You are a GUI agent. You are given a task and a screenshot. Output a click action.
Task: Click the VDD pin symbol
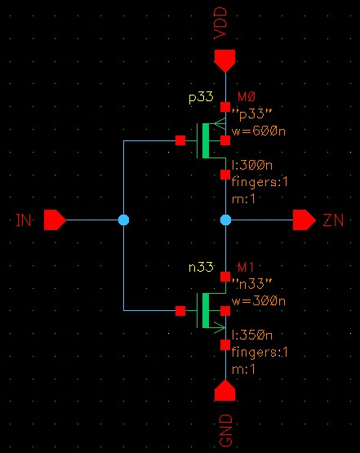pos(224,60)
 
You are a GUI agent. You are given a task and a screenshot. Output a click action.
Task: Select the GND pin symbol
pos(224,390)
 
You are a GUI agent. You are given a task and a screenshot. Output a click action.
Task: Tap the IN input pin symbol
pos(55,220)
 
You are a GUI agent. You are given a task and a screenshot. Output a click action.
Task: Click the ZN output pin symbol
pos(304,220)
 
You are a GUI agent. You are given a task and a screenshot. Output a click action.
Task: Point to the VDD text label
pos(220,24)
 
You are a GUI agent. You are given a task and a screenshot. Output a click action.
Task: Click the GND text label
pos(225,430)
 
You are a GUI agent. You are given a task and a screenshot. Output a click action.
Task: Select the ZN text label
pos(333,220)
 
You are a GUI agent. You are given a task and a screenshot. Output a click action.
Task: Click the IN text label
pos(24,220)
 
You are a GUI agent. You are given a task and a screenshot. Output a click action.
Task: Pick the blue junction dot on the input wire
pos(123,220)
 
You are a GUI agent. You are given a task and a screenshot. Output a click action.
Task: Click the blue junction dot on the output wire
pos(225,220)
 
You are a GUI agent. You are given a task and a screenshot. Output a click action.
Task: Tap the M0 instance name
pos(247,96)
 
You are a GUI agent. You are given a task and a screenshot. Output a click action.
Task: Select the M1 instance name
pos(246,267)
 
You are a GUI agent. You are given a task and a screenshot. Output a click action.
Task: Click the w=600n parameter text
pos(259,131)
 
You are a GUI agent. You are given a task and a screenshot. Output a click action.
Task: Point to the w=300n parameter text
pos(259,301)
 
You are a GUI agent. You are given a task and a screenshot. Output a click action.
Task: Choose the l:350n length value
pos(252,335)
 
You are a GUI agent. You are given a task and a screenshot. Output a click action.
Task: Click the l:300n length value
pos(252,165)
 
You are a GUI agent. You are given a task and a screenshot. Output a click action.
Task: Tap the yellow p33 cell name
pos(201,97)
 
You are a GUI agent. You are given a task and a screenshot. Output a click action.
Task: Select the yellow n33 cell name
pos(201,267)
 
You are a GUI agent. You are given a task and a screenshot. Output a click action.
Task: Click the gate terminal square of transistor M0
pos(180,140)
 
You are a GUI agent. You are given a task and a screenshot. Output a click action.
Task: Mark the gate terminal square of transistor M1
pos(180,311)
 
